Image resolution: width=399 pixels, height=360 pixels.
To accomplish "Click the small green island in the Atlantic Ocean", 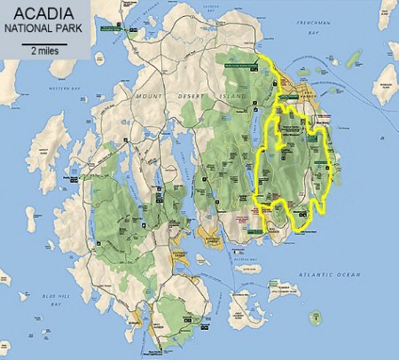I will (315, 317).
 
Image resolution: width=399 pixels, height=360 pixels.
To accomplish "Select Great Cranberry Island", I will (239, 306).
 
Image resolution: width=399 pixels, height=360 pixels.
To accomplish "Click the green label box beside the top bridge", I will (115, 29).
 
